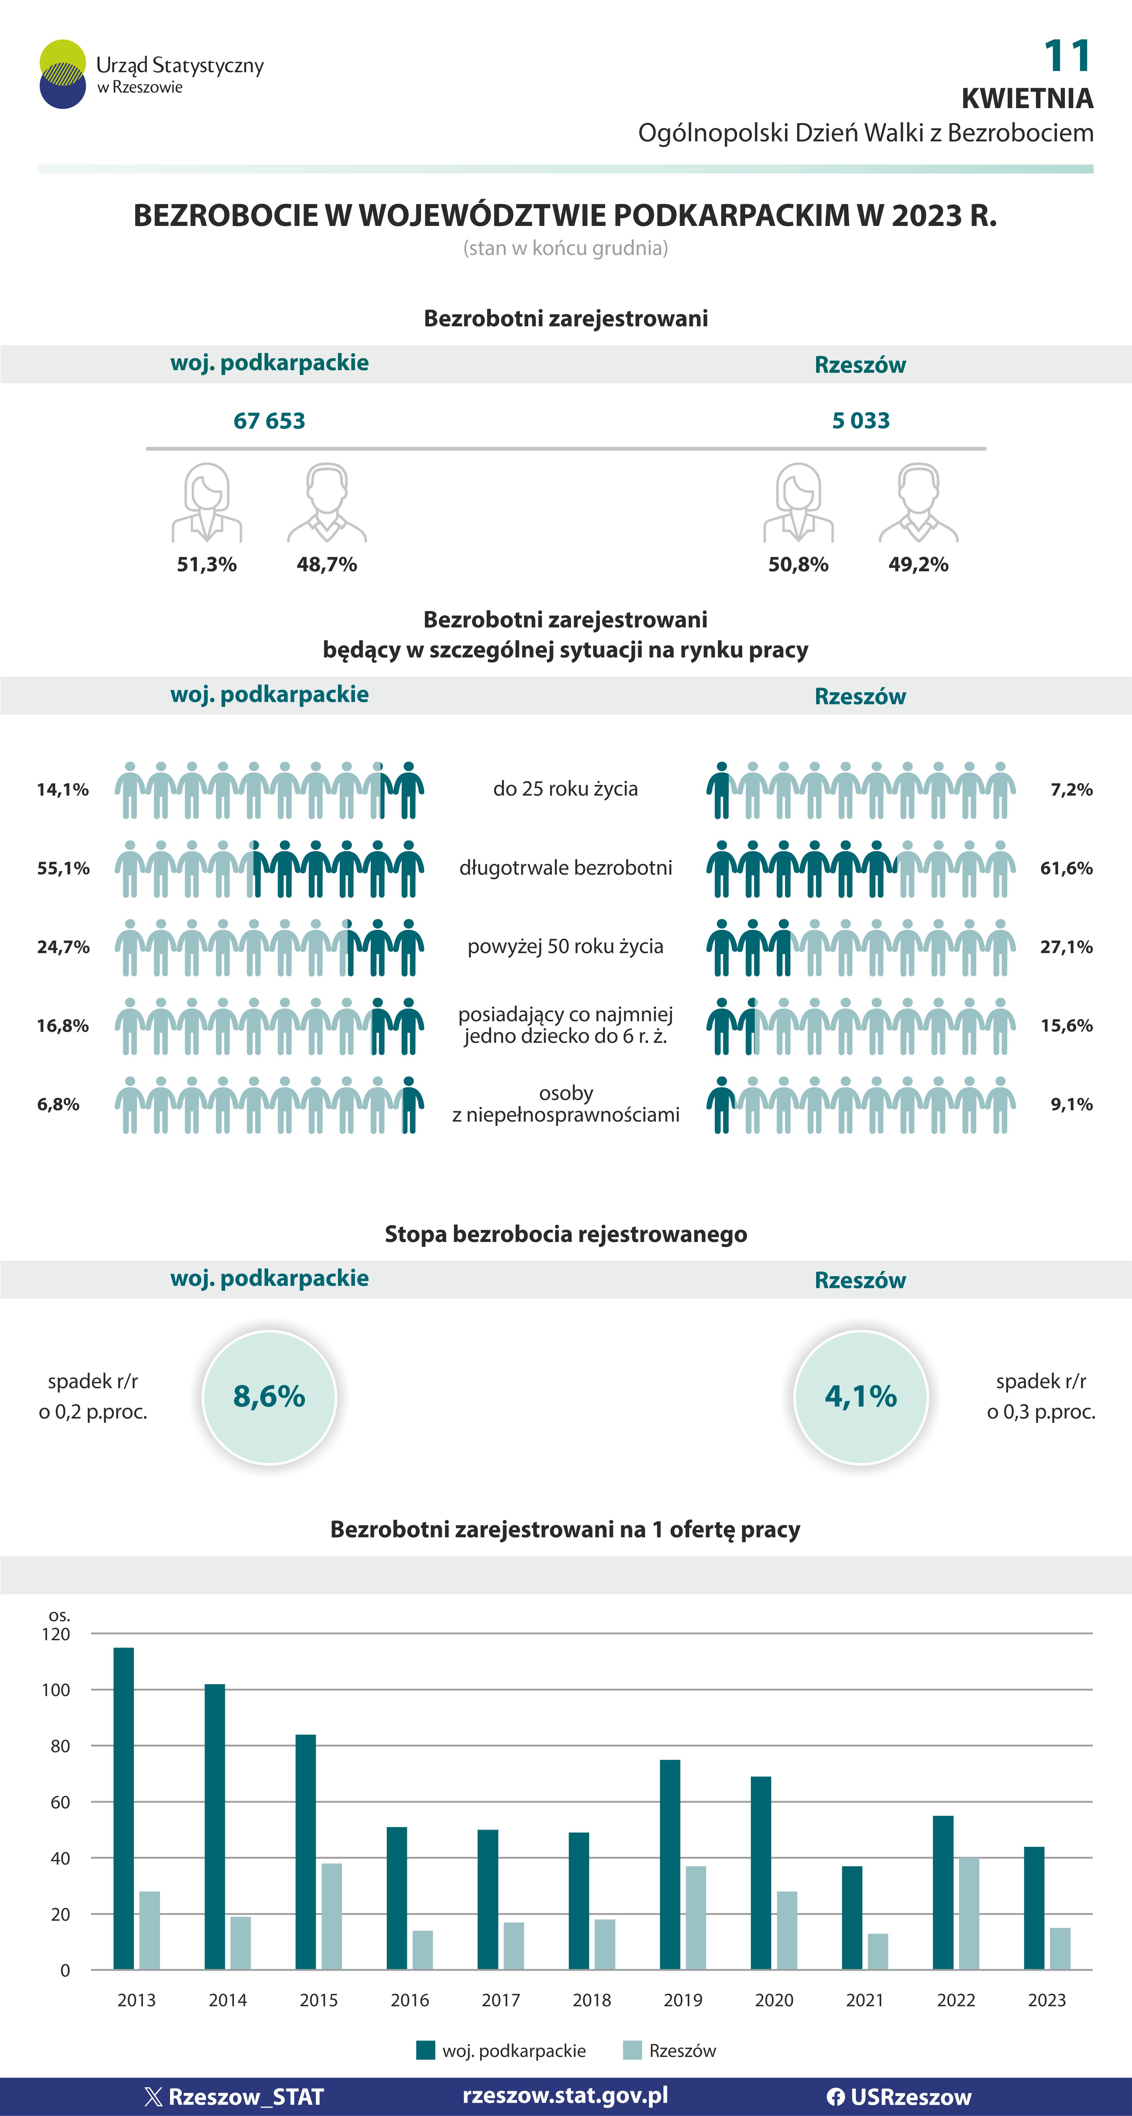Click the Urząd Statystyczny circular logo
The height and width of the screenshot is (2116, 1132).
(62, 74)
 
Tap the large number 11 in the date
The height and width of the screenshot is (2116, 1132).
(1067, 56)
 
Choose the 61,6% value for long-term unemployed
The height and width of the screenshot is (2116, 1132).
(1066, 868)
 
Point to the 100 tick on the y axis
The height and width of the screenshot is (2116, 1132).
(56, 1690)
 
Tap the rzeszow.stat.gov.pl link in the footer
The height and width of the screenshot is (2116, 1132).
(565, 2095)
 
